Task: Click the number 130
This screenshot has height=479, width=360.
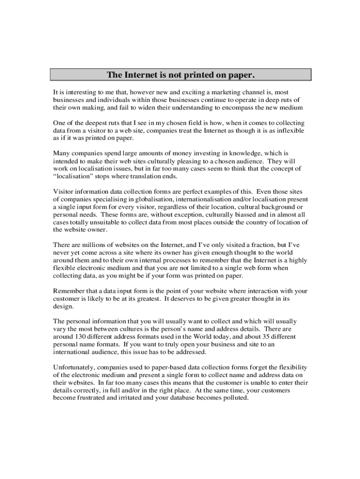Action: click(80, 336)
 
